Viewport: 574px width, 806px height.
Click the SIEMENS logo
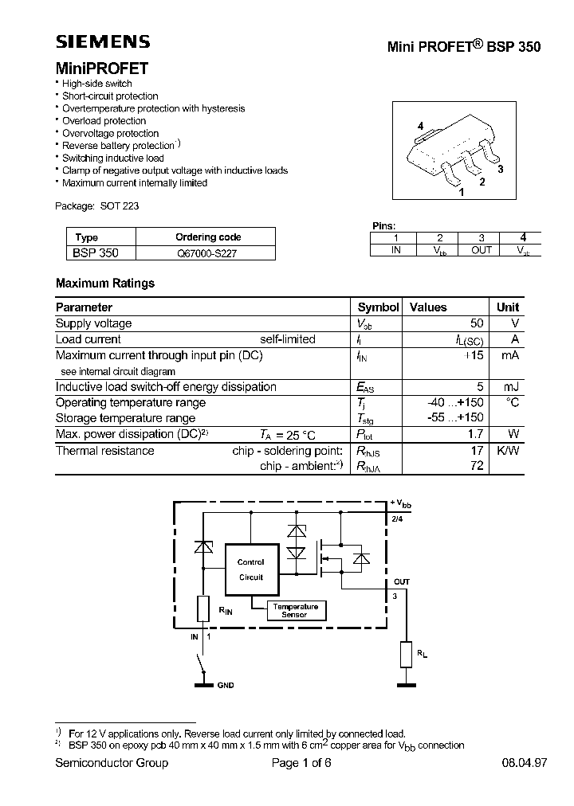103,42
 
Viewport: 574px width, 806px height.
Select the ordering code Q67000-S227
207,253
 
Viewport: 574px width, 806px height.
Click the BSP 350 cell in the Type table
96,253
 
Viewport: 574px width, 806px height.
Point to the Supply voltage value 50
477,323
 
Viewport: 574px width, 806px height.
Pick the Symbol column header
378,307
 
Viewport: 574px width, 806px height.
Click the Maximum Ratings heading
105,283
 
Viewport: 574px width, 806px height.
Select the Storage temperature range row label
125,418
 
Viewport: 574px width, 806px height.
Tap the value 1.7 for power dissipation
476,434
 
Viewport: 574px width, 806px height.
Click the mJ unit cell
511,387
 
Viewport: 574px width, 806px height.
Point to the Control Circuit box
250,570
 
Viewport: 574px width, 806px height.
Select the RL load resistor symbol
407,655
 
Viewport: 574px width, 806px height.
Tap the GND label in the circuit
225,685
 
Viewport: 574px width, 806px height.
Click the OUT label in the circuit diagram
401,582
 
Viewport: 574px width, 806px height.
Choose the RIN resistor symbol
203,609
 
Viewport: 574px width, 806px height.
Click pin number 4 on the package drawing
420,126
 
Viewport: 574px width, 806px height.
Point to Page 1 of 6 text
301,763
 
